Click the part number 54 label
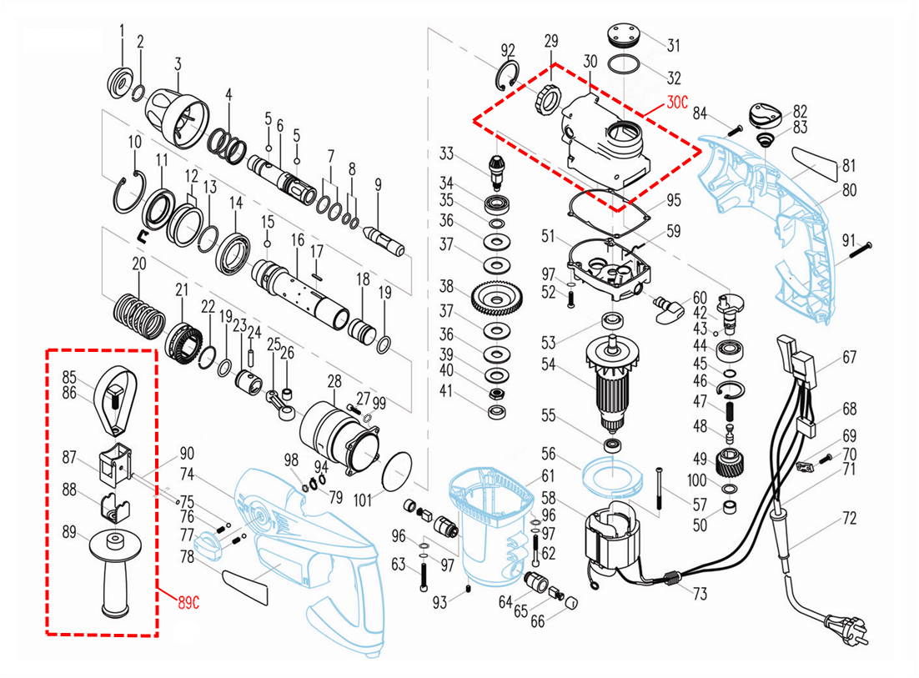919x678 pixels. pyautogui.click(x=548, y=364)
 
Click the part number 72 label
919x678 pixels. pyautogui.click(x=848, y=519)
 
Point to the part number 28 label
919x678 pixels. pyautogui.click(x=334, y=381)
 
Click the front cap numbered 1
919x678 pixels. pyautogui.click(x=121, y=82)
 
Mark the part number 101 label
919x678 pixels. pyautogui.click(x=362, y=502)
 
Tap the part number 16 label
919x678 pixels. pyautogui.click(x=298, y=240)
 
